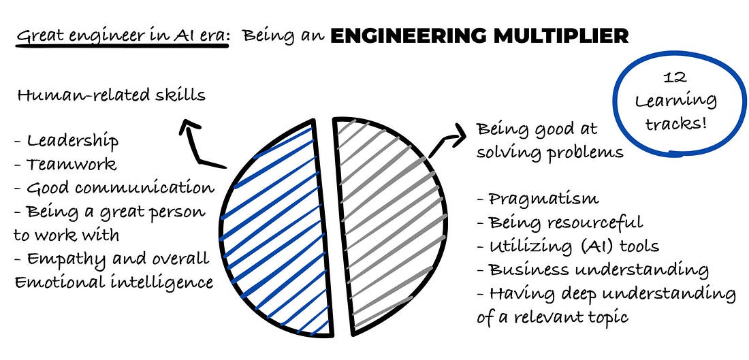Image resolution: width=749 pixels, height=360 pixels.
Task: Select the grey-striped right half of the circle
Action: (x=388, y=225)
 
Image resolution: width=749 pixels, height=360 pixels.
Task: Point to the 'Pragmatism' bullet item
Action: (x=538, y=199)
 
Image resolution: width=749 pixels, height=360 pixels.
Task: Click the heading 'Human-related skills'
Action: (x=111, y=95)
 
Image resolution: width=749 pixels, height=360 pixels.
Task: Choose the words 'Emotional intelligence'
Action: (x=113, y=282)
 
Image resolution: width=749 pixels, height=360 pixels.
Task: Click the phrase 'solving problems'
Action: (x=550, y=152)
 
